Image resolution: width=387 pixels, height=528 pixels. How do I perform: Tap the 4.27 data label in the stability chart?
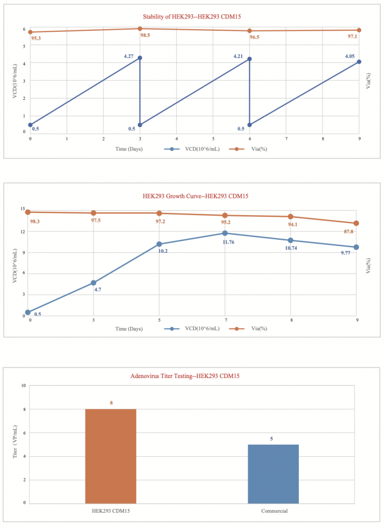point(129,56)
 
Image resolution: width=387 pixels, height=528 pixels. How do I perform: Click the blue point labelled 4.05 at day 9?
point(359,62)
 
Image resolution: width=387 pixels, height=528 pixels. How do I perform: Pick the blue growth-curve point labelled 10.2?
point(159,244)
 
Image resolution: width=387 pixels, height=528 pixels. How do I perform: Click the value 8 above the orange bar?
point(111,403)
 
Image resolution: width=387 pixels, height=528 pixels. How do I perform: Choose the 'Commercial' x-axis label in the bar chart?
point(274,511)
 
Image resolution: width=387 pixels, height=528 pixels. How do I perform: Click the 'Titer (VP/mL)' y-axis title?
point(15,446)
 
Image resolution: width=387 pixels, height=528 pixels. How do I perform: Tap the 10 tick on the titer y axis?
point(23,385)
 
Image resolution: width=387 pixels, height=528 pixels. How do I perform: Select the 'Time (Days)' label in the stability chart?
point(129,149)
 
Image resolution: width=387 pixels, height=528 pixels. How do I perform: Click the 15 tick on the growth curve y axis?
point(22,210)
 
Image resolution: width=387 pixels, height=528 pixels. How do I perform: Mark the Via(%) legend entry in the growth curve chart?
point(248,328)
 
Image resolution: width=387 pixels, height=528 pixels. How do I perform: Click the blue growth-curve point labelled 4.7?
point(93,282)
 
